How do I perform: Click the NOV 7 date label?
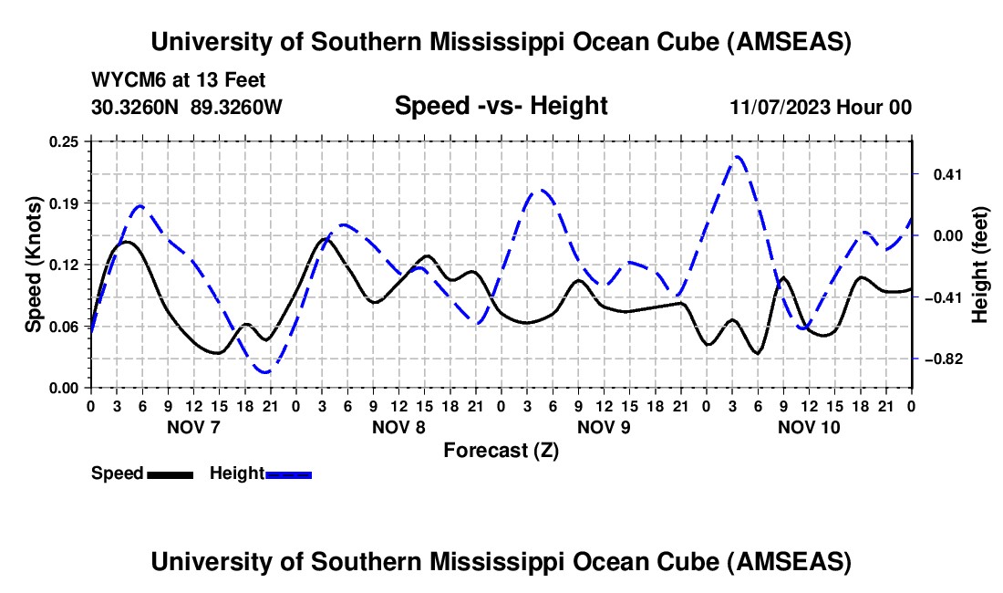pos(192,427)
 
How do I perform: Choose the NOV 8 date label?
pos(398,427)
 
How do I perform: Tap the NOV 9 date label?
pos(604,427)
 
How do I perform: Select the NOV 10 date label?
pos(809,427)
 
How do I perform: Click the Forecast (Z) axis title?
pos(501,450)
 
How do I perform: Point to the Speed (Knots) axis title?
pos(33,265)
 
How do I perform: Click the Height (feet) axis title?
pos(980,265)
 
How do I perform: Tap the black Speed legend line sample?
pos(170,474)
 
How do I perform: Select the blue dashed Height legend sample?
pos(289,474)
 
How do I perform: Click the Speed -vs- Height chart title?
pos(501,107)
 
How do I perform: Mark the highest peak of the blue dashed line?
pos(738,156)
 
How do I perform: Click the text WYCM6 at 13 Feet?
pos(179,80)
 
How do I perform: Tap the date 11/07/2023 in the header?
pos(779,108)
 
